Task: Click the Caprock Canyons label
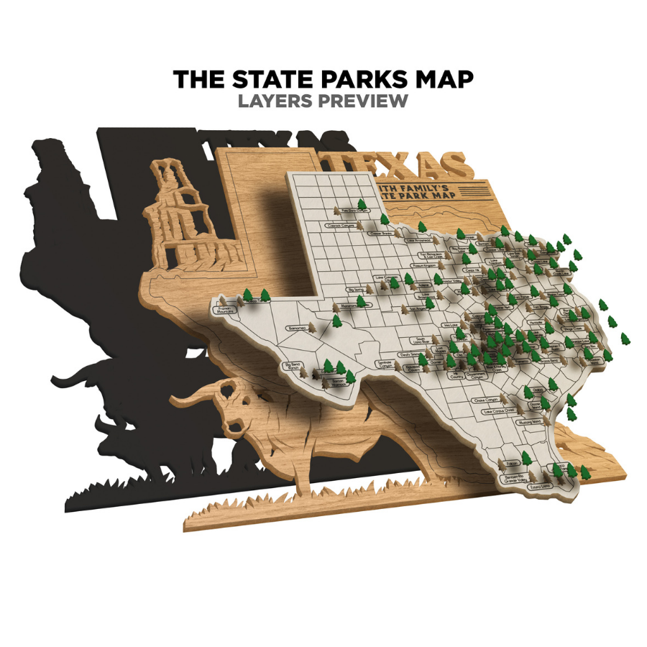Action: click(341, 225)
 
